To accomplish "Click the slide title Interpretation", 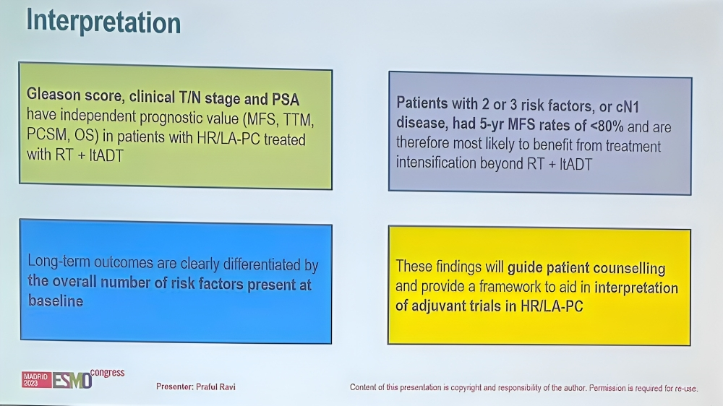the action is coord(103,22).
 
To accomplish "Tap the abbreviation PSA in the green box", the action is coord(286,99).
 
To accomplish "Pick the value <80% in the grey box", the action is coord(607,126).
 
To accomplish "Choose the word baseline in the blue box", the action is coord(56,301).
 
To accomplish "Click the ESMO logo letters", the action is coord(72,381).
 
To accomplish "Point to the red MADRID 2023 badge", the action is coord(36,380).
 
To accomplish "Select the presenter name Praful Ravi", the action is coord(215,386).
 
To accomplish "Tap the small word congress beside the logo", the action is coord(108,372).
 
